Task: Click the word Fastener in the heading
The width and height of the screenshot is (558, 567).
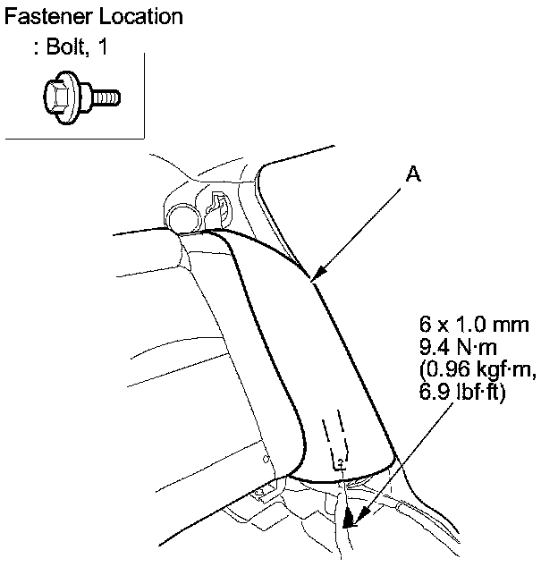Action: point(46,16)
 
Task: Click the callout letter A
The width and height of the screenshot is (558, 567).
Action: point(412,175)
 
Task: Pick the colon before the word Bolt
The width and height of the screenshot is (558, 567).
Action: point(36,50)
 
